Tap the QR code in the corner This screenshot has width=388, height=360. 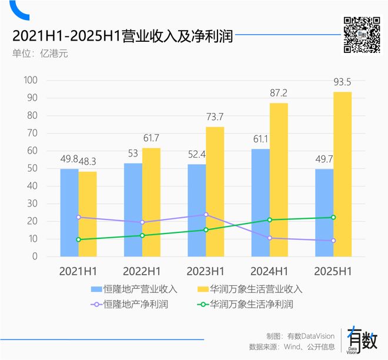pyautogui.click(x=362, y=35)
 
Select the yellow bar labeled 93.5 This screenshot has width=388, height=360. pyautogui.click(x=342, y=174)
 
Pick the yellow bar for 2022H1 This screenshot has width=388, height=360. pyautogui.click(x=151, y=202)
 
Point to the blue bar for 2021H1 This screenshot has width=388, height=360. pyautogui.click(x=69, y=212)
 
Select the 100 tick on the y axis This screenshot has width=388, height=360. pyautogui.click(x=30, y=81)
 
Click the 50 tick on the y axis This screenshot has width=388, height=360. pyautogui.click(x=32, y=169)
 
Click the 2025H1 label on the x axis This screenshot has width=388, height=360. pyautogui.click(x=333, y=271)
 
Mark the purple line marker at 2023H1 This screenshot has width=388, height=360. pyautogui.click(x=206, y=215)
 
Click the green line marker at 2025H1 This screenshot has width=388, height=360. pyautogui.click(x=333, y=217)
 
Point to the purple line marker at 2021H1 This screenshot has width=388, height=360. pyautogui.click(x=78, y=217)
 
